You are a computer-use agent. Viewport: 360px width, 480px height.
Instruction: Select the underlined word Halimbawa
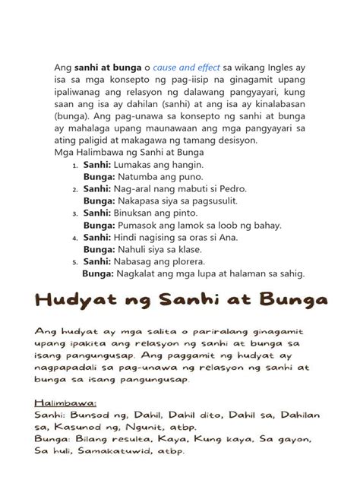(x=63, y=403)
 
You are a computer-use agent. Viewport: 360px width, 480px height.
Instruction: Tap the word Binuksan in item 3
(x=145, y=213)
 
